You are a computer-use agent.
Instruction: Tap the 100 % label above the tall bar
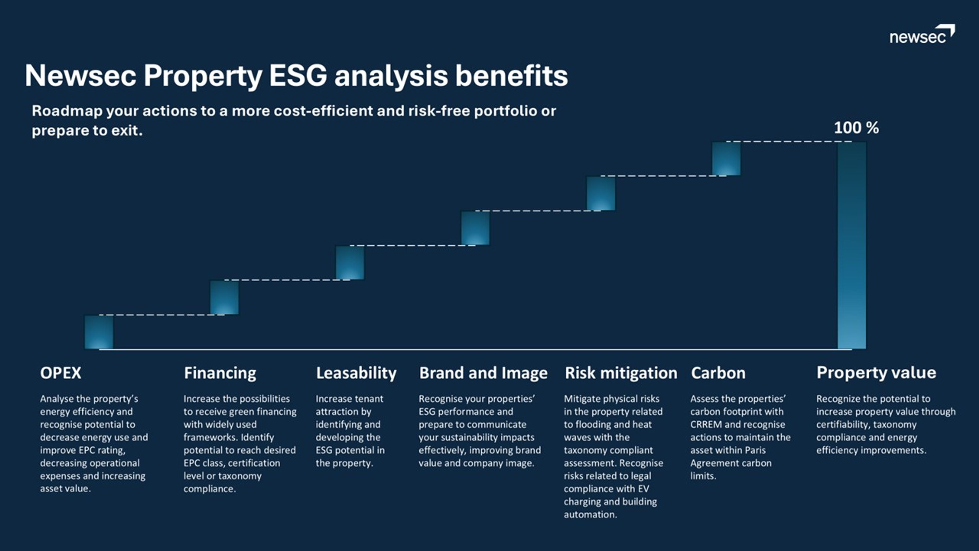click(856, 128)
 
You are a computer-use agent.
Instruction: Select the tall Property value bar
click(852, 245)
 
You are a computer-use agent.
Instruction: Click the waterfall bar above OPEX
click(99, 332)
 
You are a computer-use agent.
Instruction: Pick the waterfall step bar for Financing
click(225, 297)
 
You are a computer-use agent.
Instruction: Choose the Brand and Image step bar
click(475, 228)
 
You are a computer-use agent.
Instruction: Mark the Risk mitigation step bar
click(601, 193)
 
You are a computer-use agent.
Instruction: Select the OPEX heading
click(61, 373)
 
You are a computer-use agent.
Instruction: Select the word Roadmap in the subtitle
click(67, 111)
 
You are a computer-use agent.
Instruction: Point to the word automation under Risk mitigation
click(590, 515)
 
